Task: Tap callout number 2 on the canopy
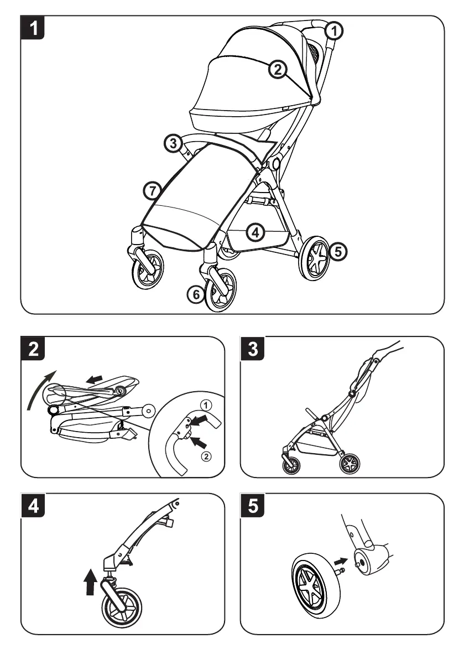[x=278, y=69]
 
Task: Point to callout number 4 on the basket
[x=254, y=232]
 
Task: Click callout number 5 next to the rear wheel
[x=339, y=251]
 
